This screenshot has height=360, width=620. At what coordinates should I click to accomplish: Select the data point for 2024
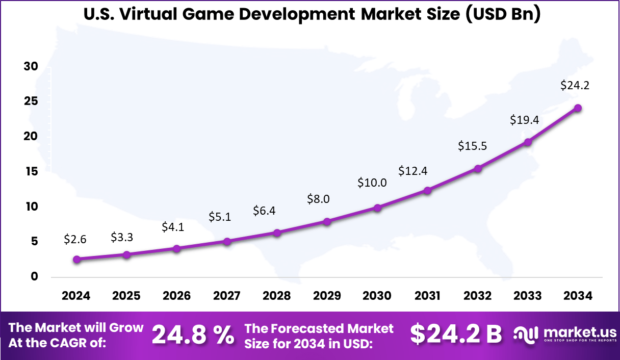(x=77, y=259)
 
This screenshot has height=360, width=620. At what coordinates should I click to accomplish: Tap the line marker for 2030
(x=377, y=208)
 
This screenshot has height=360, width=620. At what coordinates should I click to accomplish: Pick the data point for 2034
(x=578, y=108)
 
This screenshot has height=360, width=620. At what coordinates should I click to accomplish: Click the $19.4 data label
(x=525, y=120)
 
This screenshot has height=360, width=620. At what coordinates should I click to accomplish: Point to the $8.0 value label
(x=318, y=199)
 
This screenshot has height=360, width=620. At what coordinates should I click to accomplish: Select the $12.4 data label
(x=413, y=171)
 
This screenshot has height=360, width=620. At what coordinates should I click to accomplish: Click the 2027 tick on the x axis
(x=226, y=296)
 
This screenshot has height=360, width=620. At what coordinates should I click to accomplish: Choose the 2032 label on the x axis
(x=477, y=296)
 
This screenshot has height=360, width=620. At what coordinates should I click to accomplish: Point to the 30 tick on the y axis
(x=31, y=67)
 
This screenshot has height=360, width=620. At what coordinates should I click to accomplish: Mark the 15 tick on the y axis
(x=31, y=171)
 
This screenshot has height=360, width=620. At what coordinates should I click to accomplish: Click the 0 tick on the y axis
(x=34, y=276)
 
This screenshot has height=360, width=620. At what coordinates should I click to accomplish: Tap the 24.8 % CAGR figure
(x=193, y=335)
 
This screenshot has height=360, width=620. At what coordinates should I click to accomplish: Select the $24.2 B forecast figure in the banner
(x=456, y=335)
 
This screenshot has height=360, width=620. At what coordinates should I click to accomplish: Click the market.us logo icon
(x=525, y=335)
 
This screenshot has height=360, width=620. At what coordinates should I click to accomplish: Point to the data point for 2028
(x=277, y=233)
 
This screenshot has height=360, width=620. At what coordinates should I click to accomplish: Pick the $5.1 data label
(x=220, y=217)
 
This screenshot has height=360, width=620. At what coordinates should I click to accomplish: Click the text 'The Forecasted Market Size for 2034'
(x=319, y=336)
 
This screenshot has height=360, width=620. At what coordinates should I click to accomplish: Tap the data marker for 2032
(x=478, y=168)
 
